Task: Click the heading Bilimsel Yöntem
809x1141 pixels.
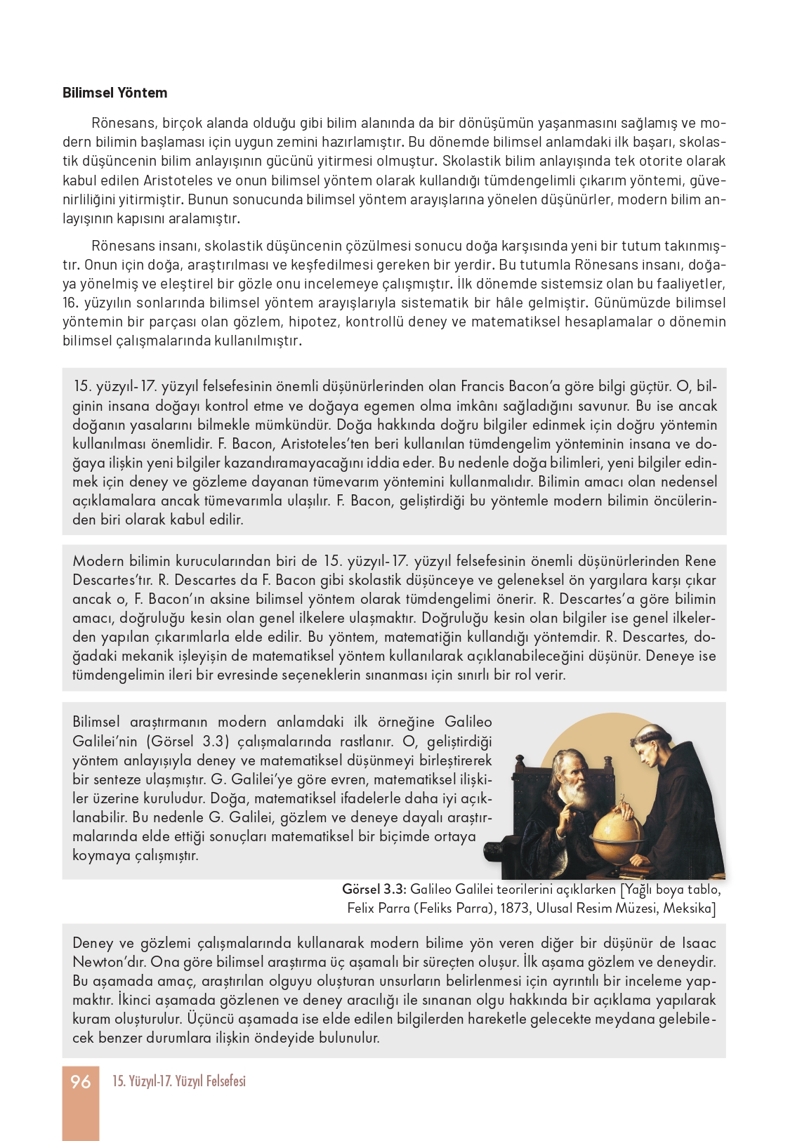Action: pyautogui.click(x=114, y=93)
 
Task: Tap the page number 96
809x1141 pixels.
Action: pyautogui.click(x=81, y=1081)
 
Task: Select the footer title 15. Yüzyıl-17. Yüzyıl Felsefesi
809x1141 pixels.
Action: pyautogui.click(x=179, y=1081)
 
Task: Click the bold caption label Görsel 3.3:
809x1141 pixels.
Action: pyautogui.click(x=374, y=889)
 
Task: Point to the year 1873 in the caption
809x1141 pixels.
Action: pyautogui.click(x=515, y=908)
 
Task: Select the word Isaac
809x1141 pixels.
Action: pyautogui.click(x=699, y=943)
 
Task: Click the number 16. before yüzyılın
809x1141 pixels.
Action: pyautogui.click(x=70, y=303)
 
